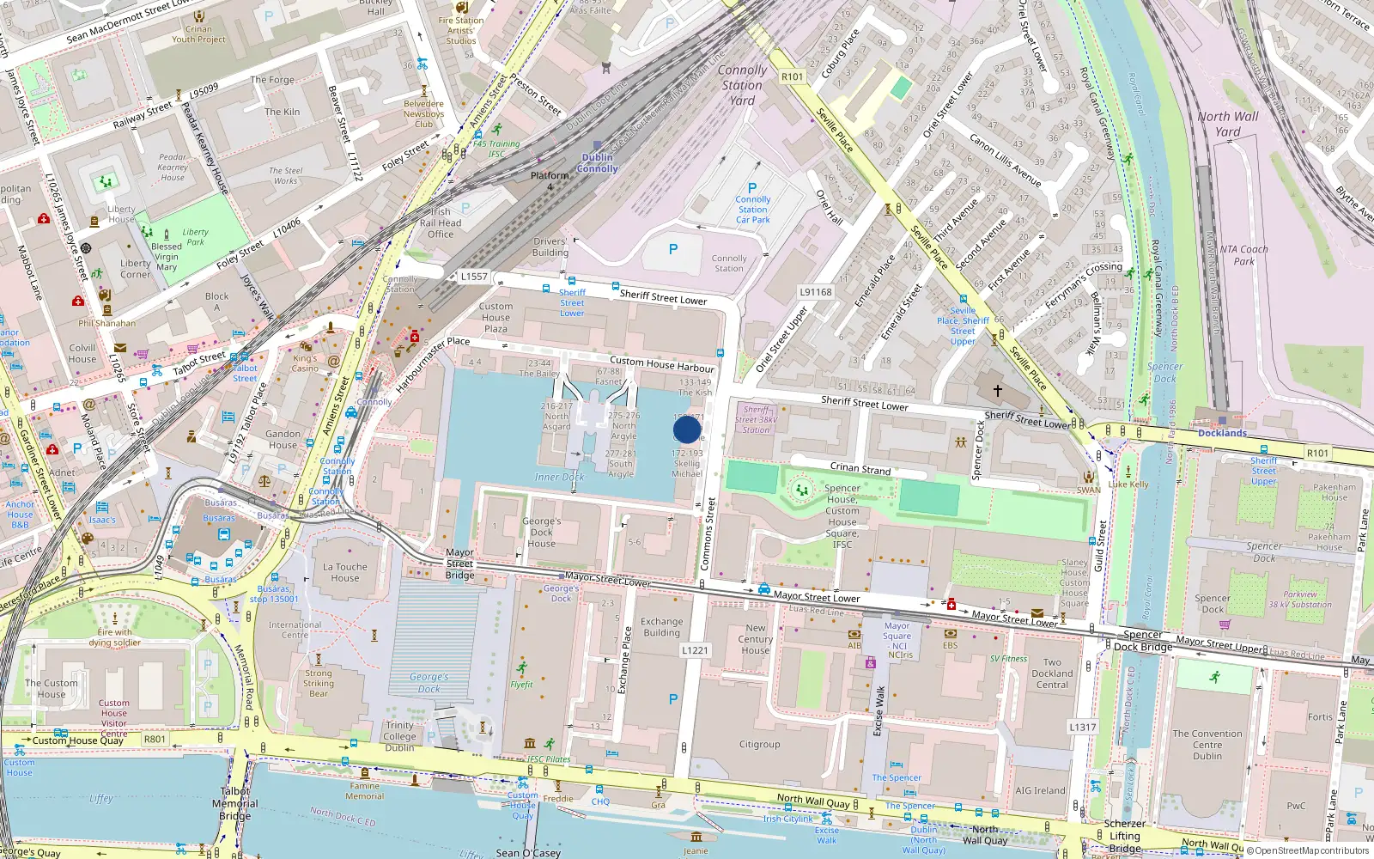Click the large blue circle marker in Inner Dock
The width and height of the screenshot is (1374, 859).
pos(687,429)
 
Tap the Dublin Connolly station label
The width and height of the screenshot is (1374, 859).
pos(598,163)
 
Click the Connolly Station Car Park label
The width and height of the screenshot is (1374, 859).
pos(753,210)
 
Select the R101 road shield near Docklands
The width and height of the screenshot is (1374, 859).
pos(1317,453)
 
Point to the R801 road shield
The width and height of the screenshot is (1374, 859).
pos(155,739)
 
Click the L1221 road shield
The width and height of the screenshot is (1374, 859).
pos(696,650)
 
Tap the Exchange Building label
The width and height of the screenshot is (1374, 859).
pos(661,627)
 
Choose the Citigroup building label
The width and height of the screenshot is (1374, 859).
pos(760,745)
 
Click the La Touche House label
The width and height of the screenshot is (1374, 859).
pos(345,572)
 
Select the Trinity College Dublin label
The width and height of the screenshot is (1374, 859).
pos(399,736)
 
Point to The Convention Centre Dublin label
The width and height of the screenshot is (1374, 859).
pos(1207,745)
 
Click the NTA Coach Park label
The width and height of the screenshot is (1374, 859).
pos(1244,255)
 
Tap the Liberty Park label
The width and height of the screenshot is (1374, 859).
pos(196,236)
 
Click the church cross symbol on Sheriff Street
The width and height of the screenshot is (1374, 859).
pos(998,391)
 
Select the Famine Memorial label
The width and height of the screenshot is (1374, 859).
pos(365,791)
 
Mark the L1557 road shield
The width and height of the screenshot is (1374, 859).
pos(474,277)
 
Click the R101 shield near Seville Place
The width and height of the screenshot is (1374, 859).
pos(792,76)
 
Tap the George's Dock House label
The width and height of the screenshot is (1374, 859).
pos(541,533)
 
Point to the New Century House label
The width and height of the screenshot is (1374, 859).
pos(756,639)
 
